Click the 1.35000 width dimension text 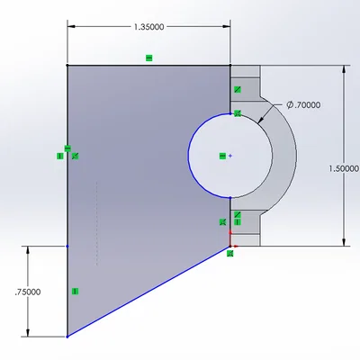tap(148, 27)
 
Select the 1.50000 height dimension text tap(345, 168)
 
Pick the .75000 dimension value tap(26, 292)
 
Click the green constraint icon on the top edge tap(149, 58)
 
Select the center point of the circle tap(231, 156)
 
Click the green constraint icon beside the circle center tap(222, 156)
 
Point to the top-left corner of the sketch tap(67, 65)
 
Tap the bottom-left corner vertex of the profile tap(67, 337)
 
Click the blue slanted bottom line tap(148, 291)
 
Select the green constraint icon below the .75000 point tap(76, 291)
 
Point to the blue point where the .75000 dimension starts tap(67, 246)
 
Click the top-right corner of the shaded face tap(231, 65)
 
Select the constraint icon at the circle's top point tap(238, 113)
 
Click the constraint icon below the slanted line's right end tap(230, 254)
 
